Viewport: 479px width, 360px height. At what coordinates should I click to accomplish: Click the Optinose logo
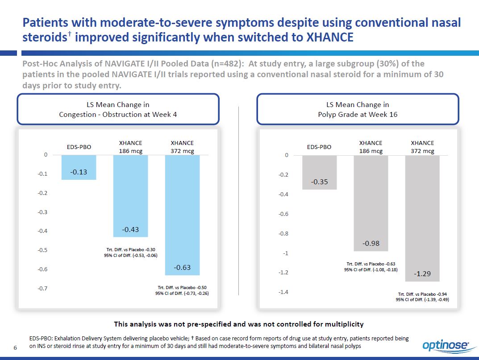[x=446, y=345]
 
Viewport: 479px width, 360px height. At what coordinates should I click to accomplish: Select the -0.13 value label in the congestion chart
[x=79, y=172]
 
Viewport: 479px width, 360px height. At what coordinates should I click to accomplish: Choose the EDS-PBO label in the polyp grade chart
[x=319, y=147]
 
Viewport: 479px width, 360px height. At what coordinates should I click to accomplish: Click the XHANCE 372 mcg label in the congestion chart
[x=182, y=147]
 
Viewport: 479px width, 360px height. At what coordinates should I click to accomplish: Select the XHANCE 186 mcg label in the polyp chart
[x=371, y=147]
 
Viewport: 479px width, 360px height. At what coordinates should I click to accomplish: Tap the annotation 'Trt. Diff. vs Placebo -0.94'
[x=422, y=294]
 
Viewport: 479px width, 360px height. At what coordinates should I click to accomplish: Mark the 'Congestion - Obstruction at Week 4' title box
[x=118, y=109]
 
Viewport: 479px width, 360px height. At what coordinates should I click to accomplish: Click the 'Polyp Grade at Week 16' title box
[x=358, y=109]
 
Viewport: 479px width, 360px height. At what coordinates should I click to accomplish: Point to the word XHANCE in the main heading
[x=329, y=37]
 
